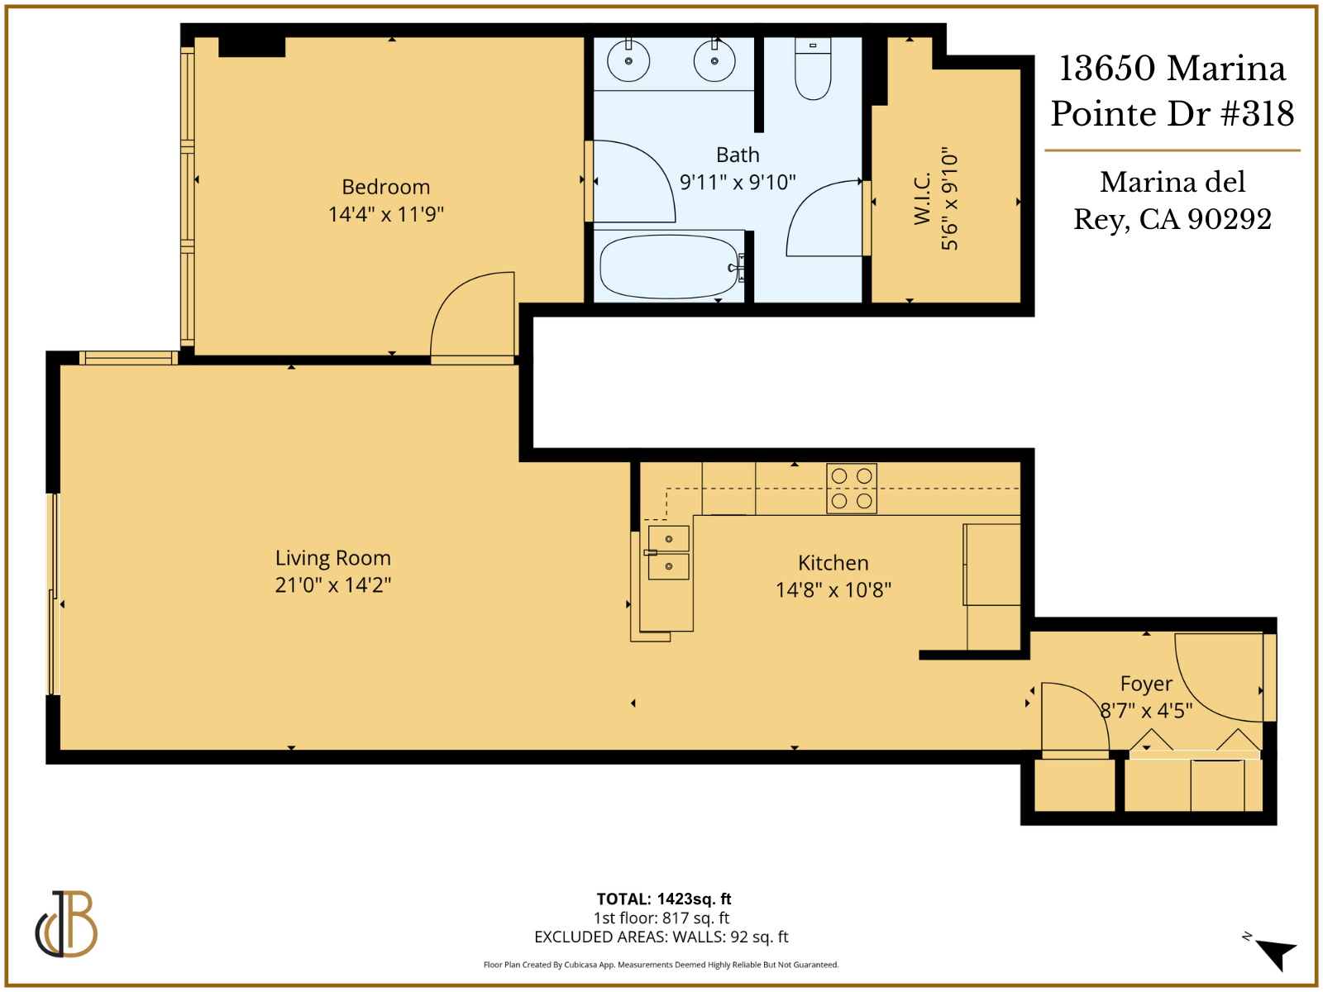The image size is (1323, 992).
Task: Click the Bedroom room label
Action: pos(385,187)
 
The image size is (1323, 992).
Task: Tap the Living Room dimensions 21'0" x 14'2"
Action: pos(332,585)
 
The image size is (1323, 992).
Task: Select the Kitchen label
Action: pos(833,563)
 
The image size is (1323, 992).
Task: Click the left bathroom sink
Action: pos(628,61)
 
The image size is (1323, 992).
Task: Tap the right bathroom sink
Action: pos(714,61)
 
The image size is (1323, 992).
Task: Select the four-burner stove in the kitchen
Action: pos(852,489)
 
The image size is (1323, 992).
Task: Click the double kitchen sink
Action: pos(668,552)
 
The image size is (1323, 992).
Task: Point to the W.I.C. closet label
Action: pos(923,198)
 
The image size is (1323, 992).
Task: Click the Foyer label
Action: pos(1146,684)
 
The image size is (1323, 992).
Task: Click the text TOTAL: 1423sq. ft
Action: pos(663,899)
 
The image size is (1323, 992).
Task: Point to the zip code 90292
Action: pos(1229,219)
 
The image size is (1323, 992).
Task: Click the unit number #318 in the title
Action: pos(1257,114)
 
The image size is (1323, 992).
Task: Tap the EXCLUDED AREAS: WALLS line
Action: pos(661,937)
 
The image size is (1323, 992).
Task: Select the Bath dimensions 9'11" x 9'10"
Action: pos(738,182)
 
